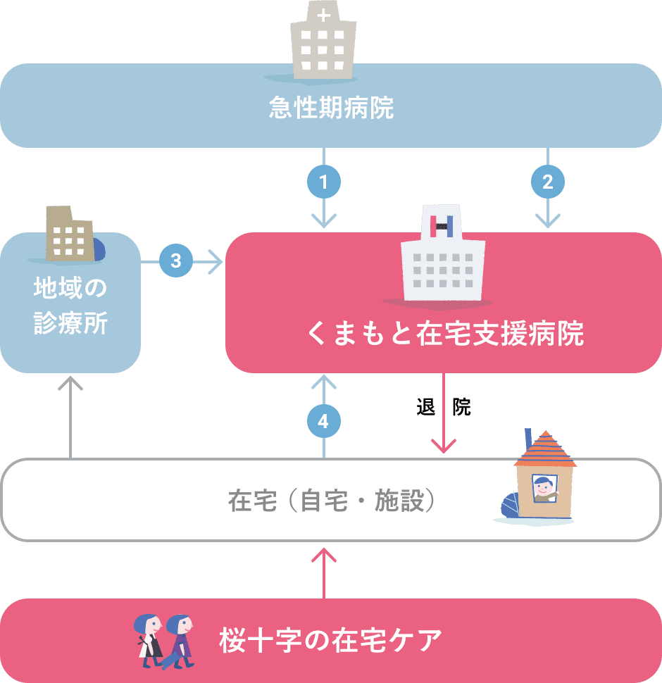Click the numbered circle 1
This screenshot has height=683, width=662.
(x=324, y=182)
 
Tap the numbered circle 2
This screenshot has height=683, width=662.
(x=547, y=182)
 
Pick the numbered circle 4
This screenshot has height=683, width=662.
(x=324, y=422)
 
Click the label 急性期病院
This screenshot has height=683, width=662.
(x=331, y=108)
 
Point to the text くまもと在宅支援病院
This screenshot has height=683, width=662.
(x=445, y=334)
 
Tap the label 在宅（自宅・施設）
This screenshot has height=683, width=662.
(x=331, y=501)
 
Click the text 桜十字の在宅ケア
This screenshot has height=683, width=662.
(x=331, y=641)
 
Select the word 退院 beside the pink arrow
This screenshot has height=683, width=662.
(x=444, y=407)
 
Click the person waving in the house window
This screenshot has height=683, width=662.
(x=543, y=488)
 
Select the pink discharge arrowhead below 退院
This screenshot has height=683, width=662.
(x=444, y=445)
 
